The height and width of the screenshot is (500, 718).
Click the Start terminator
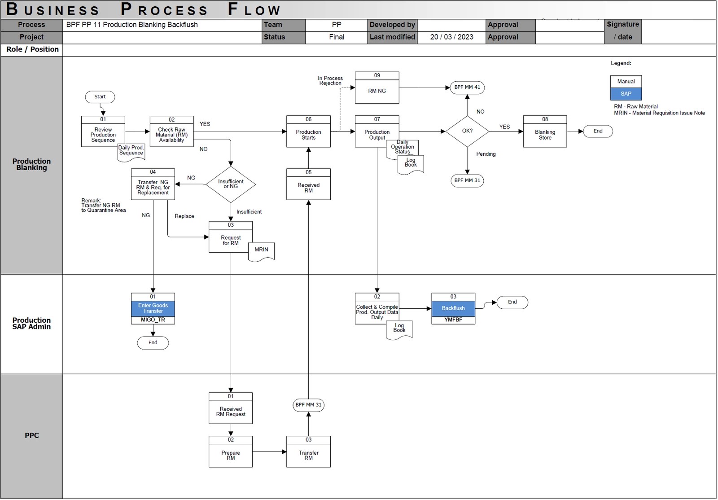[100, 97]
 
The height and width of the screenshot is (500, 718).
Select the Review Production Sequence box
[103, 134]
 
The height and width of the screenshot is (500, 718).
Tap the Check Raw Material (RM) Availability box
[171, 134]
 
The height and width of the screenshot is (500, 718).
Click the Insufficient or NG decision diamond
[231, 184]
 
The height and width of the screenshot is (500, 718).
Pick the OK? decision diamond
[467, 131]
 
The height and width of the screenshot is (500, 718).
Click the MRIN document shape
[261, 250]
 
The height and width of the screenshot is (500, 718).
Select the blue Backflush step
[453, 308]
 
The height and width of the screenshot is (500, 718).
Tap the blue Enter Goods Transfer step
[153, 308]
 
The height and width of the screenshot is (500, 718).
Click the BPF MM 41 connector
[467, 87]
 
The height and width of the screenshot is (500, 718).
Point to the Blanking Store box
[545, 134]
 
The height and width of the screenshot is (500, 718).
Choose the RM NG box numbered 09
[377, 90]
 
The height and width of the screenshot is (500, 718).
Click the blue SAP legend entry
[626, 94]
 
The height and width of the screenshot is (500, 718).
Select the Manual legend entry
[626, 82]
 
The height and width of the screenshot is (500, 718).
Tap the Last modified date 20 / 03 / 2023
[451, 37]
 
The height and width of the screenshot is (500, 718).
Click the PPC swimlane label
[31, 435]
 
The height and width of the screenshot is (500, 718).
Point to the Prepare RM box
[231, 455]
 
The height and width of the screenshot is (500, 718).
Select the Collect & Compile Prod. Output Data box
[377, 311]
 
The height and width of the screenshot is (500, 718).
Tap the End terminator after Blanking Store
[598, 131]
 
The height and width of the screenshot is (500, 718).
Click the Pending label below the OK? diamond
[486, 154]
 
